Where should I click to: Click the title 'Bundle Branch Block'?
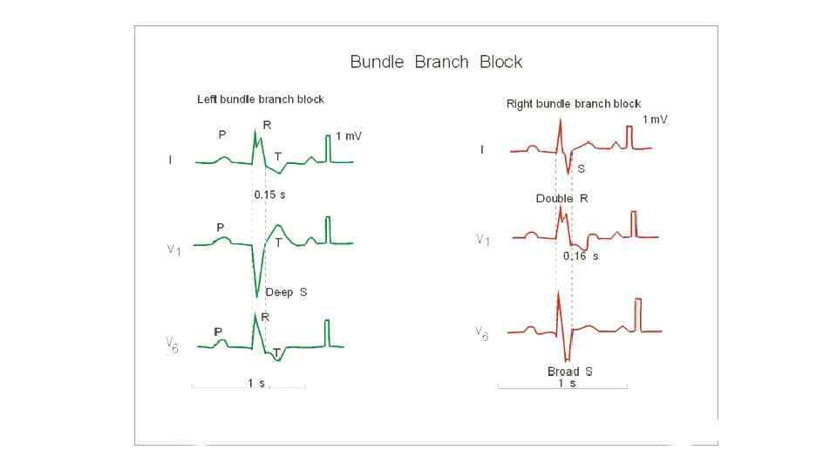point(436,62)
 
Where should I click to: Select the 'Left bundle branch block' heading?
point(260,99)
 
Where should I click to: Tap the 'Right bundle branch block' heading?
point(573,104)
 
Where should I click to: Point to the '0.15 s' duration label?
point(269,195)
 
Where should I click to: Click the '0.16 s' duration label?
point(580,256)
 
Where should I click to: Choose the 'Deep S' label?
point(286,292)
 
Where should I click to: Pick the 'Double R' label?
point(561,199)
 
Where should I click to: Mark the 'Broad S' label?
point(569,372)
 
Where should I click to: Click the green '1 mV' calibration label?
point(349,137)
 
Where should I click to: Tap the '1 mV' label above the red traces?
point(655,119)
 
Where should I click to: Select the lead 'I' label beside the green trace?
point(170,160)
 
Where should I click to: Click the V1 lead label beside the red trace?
point(482,239)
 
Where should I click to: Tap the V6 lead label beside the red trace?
point(481,332)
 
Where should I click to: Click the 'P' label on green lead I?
point(222,135)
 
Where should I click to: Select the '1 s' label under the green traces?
point(255,384)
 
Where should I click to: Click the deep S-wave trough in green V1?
point(257,295)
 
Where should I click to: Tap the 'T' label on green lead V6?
point(276,352)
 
